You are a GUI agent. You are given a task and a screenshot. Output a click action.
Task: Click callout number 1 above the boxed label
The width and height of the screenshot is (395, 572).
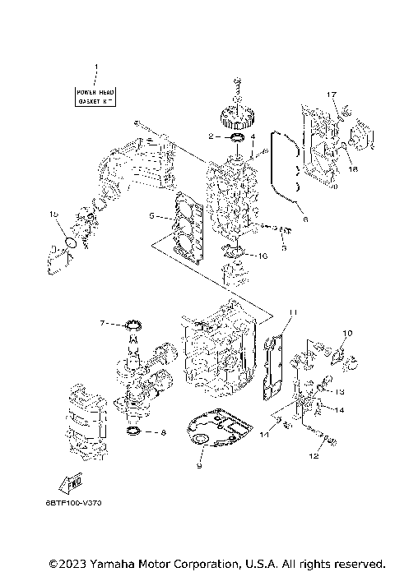[x=95, y=66]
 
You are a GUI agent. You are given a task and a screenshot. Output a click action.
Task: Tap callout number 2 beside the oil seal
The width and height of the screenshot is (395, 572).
[x=211, y=136]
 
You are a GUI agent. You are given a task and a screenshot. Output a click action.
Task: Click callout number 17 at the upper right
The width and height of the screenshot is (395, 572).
[x=332, y=95]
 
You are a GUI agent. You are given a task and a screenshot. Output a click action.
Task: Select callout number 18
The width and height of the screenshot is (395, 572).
[x=353, y=168]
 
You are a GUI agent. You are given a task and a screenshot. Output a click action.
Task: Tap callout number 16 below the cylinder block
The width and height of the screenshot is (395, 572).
[x=263, y=256]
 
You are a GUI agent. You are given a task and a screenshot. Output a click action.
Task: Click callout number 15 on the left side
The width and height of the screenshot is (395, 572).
[x=55, y=214]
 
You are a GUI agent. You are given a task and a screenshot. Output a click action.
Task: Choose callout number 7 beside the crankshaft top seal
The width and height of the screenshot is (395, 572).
[x=103, y=323]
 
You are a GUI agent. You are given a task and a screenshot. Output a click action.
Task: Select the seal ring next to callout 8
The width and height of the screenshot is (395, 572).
[x=132, y=430]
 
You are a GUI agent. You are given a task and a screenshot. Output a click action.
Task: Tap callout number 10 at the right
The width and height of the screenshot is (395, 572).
[x=347, y=333]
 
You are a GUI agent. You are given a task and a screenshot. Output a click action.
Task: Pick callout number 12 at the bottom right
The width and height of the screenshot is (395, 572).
[x=314, y=455]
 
